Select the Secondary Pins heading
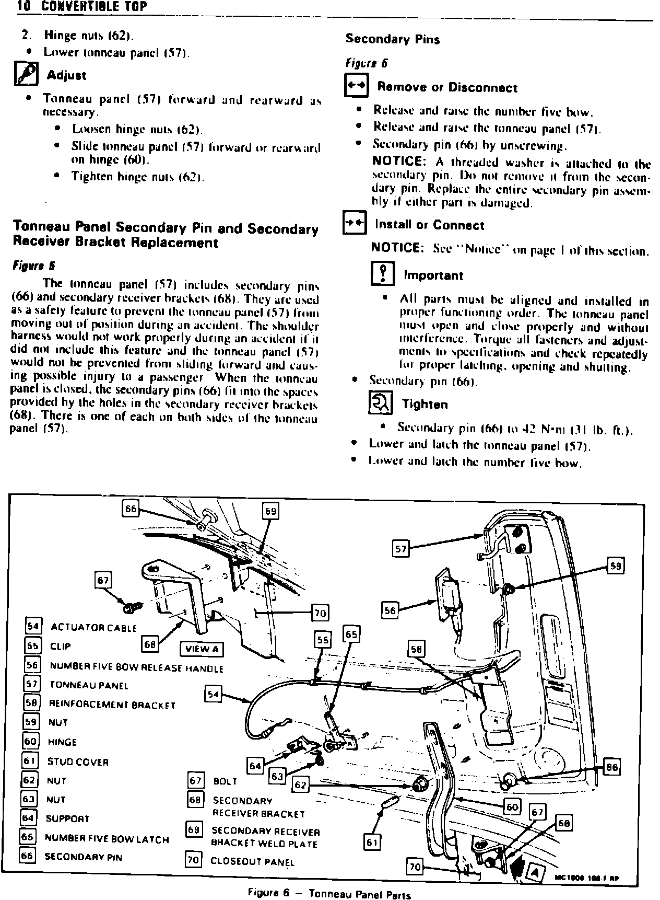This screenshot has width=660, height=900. (x=392, y=39)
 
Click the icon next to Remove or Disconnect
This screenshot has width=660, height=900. (x=357, y=86)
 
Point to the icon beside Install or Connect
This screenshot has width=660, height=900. (x=354, y=224)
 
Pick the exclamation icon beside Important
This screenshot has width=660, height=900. (x=382, y=274)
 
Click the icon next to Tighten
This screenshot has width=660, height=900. (x=381, y=403)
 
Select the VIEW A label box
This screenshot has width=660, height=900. (x=202, y=649)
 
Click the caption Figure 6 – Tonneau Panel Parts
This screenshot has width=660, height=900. (x=329, y=893)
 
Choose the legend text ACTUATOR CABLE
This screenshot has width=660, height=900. (x=93, y=628)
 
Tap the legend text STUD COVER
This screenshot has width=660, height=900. (x=78, y=761)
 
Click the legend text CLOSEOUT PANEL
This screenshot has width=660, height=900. (x=252, y=862)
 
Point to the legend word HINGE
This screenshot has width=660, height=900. (x=62, y=742)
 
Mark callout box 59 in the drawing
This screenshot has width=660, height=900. (x=616, y=566)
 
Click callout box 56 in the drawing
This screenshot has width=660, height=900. (x=390, y=610)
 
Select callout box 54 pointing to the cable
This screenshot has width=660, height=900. (x=213, y=694)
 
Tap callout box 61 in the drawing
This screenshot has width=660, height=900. (x=372, y=843)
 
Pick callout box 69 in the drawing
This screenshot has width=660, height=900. (x=270, y=511)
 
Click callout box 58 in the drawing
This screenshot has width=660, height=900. (x=416, y=649)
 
